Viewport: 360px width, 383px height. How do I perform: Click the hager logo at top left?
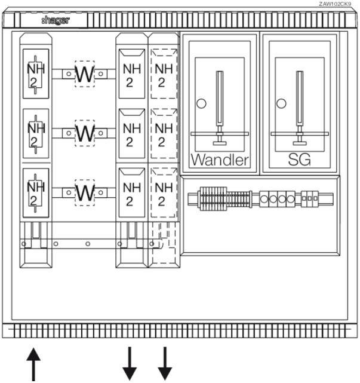point(55,20)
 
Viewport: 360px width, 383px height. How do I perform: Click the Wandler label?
point(219,160)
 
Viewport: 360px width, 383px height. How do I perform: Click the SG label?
point(299,160)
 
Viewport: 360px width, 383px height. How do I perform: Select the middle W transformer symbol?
point(85,133)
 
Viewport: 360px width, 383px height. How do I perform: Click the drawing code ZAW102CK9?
point(335,4)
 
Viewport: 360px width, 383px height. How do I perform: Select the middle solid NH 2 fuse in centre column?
point(130,133)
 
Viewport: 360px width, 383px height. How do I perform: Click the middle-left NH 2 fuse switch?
point(36,133)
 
